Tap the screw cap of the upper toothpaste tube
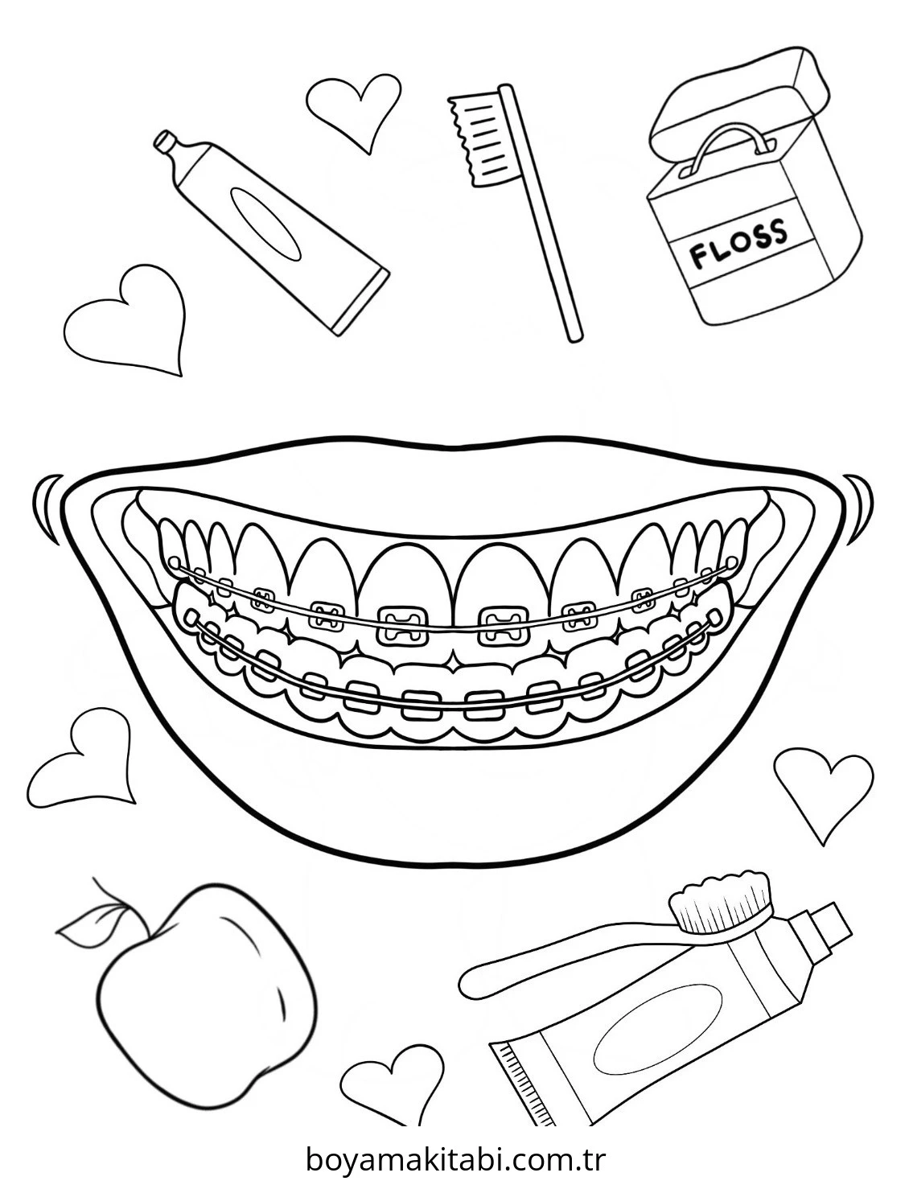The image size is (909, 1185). [165, 141]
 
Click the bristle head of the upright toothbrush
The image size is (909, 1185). [477, 139]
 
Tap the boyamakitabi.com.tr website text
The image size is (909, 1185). [455, 1157]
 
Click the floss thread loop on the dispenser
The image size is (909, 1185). [729, 136]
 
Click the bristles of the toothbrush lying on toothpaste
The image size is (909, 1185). [720, 904]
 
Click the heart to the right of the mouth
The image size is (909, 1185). [823, 793]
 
